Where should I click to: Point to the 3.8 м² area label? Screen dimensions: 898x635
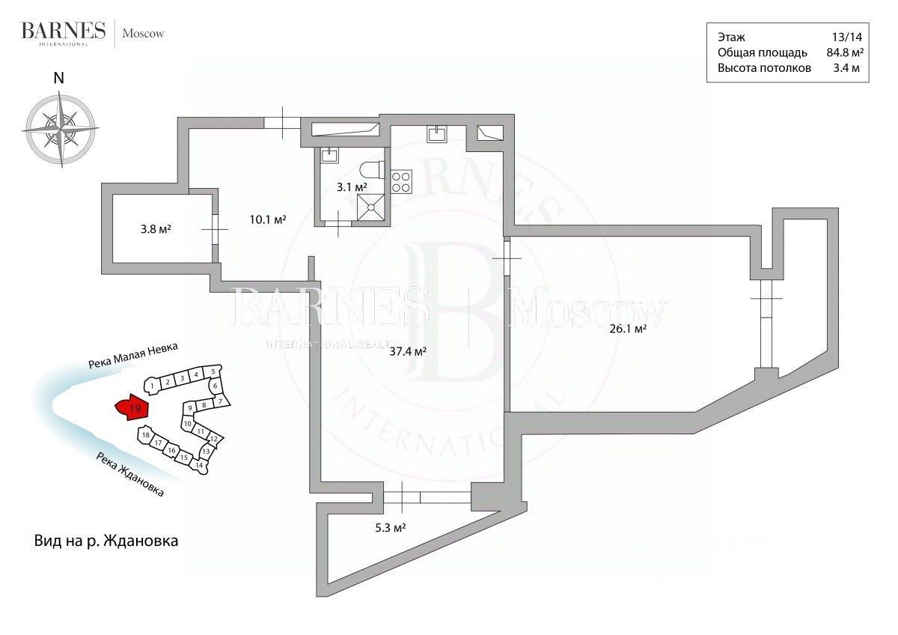(156, 230)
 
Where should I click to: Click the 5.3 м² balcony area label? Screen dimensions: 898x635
(389, 527)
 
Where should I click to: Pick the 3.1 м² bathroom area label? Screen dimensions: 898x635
(350, 186)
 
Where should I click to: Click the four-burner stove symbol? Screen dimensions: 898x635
(401, 180)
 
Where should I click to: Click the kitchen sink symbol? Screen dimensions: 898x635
(437, 133)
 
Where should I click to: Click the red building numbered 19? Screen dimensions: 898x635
(132, 407)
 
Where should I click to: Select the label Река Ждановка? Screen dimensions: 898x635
(129, 473)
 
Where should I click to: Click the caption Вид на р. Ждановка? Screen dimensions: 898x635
(106, 540)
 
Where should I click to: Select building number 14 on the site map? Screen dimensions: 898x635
(199, 465)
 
